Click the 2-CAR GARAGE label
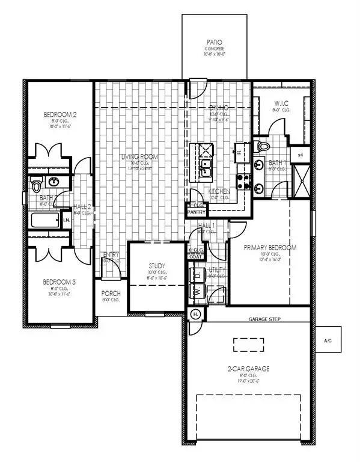pyautogui.click(x=249, y=368)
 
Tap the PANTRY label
pyautogui.click(x=196, y=212)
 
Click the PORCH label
pyautogui.click(x=111, y=294)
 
